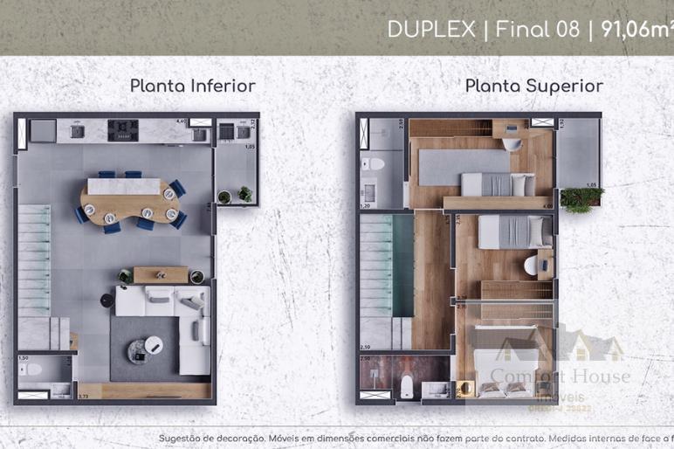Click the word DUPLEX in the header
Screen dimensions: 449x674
(431, 30)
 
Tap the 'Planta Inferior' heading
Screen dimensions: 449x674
(192, 86)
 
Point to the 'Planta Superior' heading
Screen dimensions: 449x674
(533, 86)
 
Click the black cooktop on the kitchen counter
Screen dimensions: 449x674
(123, 130)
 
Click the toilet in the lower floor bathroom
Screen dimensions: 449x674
(31, 369)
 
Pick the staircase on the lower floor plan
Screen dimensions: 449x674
(35, 262)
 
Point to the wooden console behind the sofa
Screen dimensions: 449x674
(160, 274)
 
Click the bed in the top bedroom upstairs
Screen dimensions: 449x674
(498, 184)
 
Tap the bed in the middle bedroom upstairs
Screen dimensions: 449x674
(515, 231)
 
